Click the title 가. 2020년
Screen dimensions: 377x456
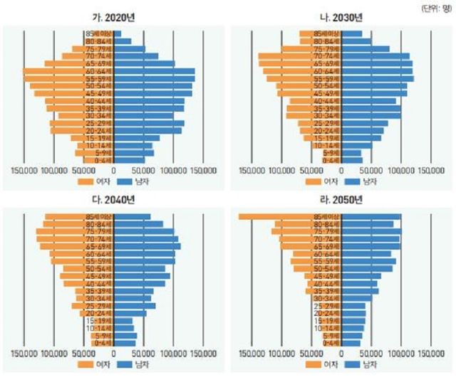(x=114, y=18)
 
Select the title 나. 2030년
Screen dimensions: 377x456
(x=341, y=18)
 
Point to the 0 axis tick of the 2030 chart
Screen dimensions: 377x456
(x=341, y=171)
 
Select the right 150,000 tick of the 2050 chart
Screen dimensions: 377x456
(x=430, y=353)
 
